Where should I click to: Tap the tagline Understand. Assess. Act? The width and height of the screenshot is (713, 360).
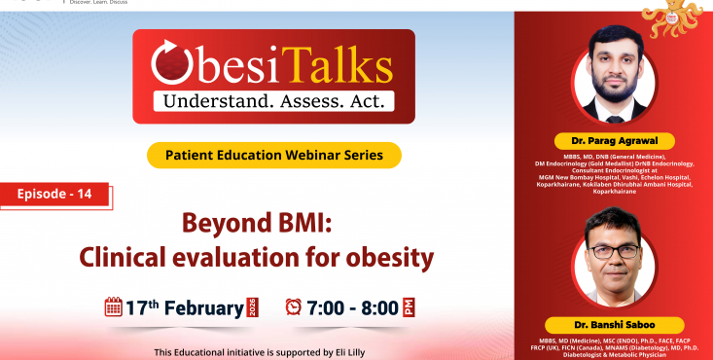point(272,99)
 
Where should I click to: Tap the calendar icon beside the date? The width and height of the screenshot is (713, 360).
point(113,307)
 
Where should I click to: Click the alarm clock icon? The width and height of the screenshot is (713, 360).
point(293,307)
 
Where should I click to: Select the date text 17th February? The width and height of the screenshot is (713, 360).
point(185,308)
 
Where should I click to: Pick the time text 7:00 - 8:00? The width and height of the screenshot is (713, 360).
point(352,308)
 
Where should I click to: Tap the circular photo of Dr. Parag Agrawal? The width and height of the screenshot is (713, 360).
point(613,82)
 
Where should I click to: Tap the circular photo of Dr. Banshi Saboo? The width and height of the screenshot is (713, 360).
point(613,259)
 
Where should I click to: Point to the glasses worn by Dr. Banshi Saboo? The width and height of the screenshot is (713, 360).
point(614,250)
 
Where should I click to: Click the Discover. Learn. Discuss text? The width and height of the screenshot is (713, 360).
point(92,3)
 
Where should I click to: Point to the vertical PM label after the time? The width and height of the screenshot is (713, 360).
point(410,307)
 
